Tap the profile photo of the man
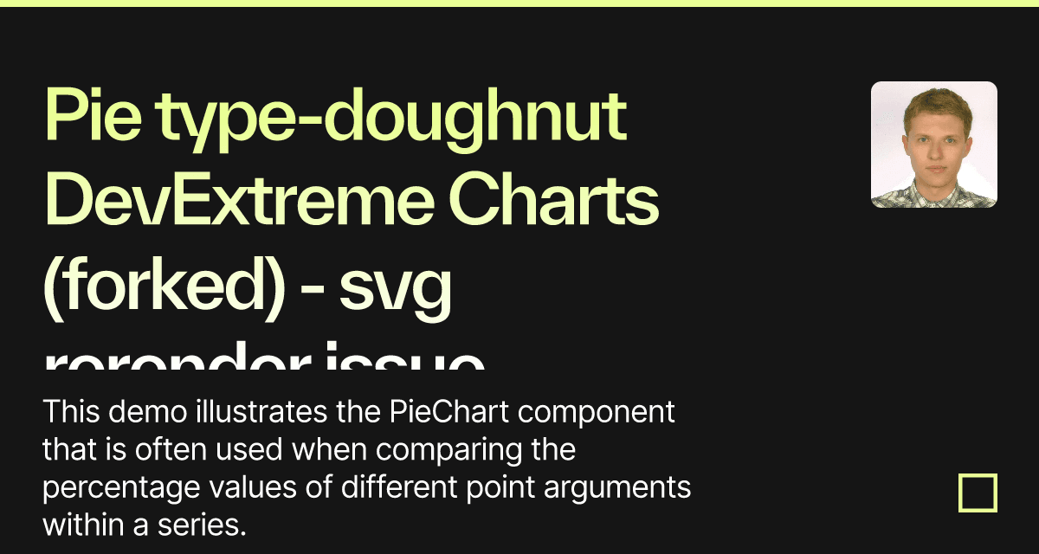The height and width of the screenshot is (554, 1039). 933,145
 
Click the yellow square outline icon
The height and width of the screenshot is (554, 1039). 978,493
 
